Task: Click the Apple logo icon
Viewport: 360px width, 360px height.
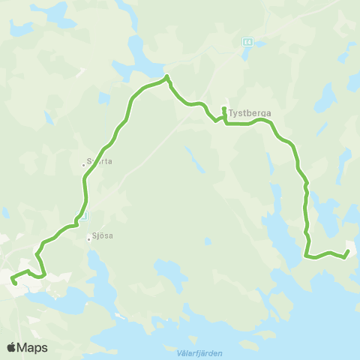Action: pyautogui.click(x=12, y=347)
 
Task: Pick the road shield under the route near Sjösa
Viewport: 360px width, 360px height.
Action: pyautogui.click(x=83, y=215)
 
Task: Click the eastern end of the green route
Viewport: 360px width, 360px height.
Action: pyautogui.click(x=347, y=252)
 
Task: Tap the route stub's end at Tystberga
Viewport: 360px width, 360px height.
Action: pyautogui.click(x=223, y=109)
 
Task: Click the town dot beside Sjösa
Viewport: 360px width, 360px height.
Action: pyautogui.click(x=88, y=239)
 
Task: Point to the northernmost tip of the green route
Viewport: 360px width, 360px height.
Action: pyautogui.click(x=166, y=76)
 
